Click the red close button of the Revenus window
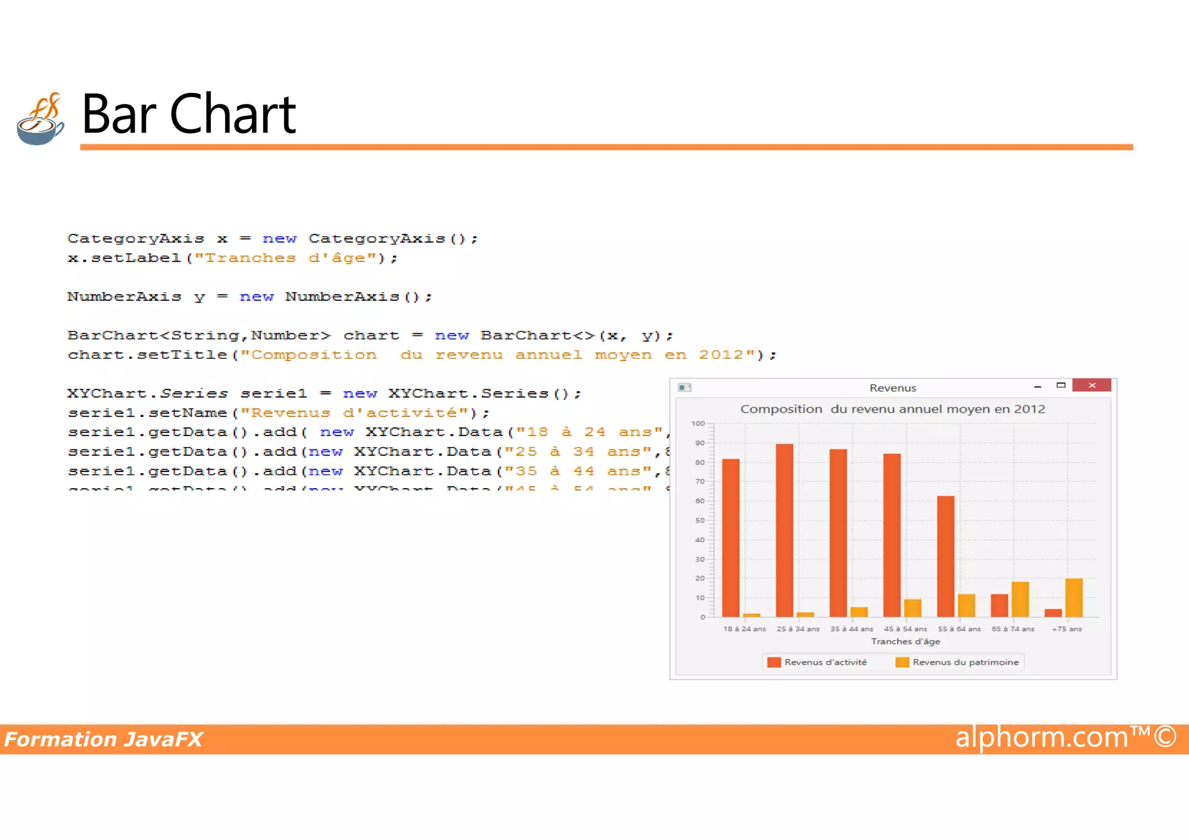click(1091, 385)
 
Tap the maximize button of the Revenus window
click(1061, 385)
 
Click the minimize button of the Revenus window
click(1037, 386)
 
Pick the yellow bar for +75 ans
click(1074, 597)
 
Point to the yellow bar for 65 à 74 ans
click(1020, 599)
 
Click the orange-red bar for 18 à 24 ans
click(731, 538)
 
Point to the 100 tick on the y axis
click(698, 424)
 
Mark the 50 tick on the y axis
click(700, 520)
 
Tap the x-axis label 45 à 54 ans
click(905, 629)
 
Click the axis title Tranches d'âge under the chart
click(905, 641)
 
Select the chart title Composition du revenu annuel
click(892, 409)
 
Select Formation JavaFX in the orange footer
click(103, 740)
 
